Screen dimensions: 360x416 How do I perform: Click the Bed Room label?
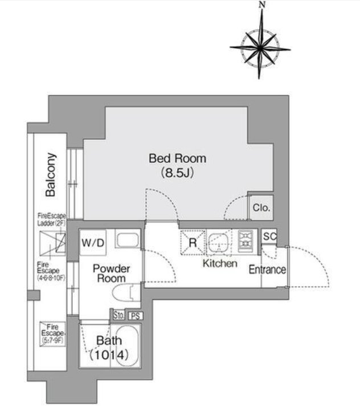click(177, 158)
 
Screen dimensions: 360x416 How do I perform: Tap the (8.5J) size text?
click(177, 173)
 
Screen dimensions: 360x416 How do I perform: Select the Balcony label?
click(51, 174)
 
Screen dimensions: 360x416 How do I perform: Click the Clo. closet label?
click(261, 208)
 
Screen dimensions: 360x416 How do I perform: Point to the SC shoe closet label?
click(269, 236)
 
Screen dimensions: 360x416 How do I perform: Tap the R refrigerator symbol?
click(193, 243)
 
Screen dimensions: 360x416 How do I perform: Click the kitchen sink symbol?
click(219, 243)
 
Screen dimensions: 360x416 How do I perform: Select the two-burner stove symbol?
click(246, 240)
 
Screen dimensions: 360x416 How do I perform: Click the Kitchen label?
click(220, 263)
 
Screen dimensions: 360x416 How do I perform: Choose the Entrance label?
click(267, 270)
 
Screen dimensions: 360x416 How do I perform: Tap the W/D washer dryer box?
click(93, 243)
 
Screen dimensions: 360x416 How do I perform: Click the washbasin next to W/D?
click(128, 239)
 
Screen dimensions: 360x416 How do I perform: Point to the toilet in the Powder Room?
click(126, 293)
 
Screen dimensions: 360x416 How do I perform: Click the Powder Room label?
click(111, 274)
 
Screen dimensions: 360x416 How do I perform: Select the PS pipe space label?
click(136, 316)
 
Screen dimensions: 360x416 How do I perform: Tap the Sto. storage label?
click(118, 315)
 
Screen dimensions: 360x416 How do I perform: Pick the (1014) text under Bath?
click(109, 355)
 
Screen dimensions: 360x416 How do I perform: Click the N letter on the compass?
click(262, 5)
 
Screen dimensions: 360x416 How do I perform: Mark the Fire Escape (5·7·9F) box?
click(52, 334)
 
